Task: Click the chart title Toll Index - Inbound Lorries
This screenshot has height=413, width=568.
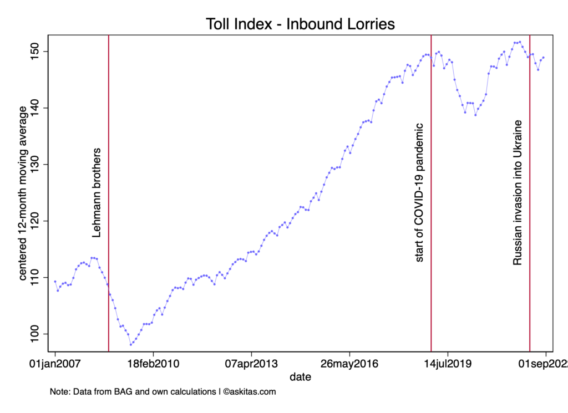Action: coord(300,24)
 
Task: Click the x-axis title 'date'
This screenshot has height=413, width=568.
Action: coord(300,378)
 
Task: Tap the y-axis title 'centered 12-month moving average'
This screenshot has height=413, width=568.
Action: coord(24,193)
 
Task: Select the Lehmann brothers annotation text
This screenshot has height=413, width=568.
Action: coord(97,193)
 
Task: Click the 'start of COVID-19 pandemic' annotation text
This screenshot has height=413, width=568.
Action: coord(419,193)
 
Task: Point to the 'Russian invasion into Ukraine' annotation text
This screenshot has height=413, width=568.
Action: coord(518,192)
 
